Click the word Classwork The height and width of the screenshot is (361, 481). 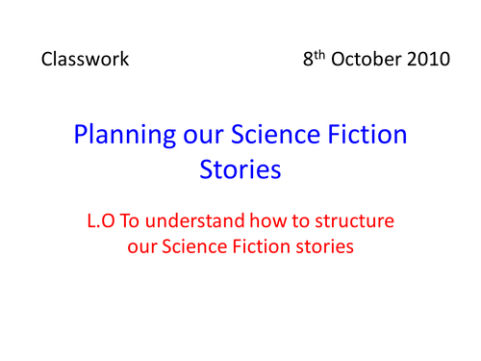click(86, 60)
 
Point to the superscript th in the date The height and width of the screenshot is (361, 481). click(319, 54)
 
